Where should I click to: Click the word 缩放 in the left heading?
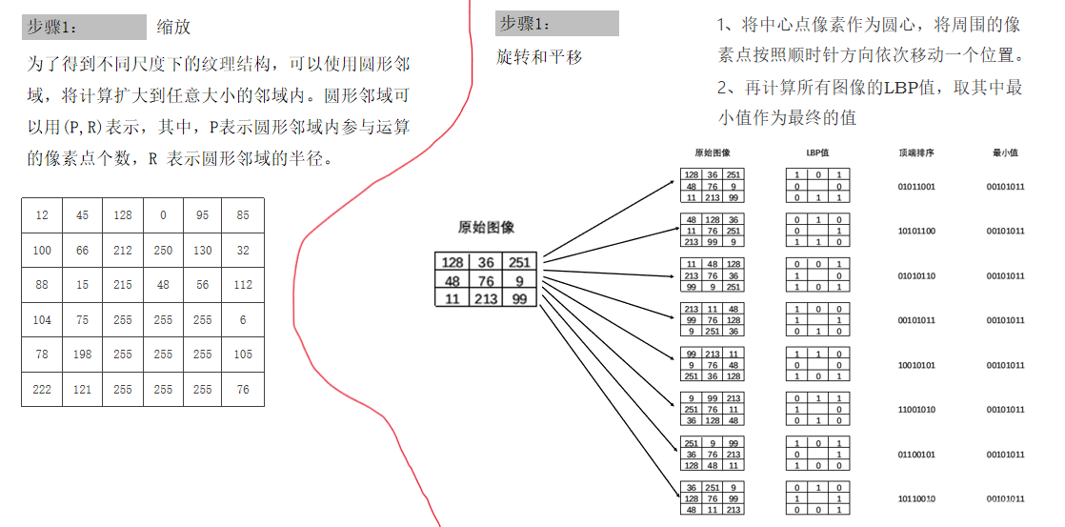tap(174, 28)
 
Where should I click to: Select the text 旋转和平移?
tap(539, 57)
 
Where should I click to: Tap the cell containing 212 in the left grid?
tap(122, 251)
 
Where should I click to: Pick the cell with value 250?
tap(163, 251)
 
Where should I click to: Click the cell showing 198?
tap(82, 355)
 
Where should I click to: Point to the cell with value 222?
tap(42, 389)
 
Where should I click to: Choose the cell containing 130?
tap(203, 251)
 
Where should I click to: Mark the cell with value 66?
tap(82, 251)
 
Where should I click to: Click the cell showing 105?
tap(243, 355)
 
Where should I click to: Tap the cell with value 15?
tap(82, 285)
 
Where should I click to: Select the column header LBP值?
tap(818, 152)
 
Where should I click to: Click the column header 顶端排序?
tap(915, 152)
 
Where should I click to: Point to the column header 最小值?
tap(1005, 152)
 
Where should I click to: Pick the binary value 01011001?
tap(916, 187)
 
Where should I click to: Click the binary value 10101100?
tap(916, 232)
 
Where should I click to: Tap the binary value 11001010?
tap(916, 410)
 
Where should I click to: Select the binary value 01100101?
tap(916, 455)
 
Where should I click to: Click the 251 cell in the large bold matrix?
tap(517, 262)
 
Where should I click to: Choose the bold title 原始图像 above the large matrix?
tap(486, 227)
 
